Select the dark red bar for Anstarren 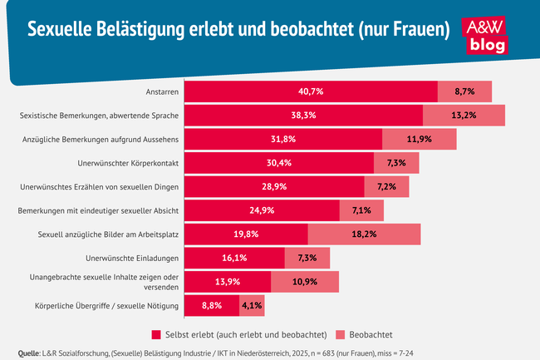311,91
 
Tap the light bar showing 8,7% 465,91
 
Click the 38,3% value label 303,115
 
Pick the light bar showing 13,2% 464,115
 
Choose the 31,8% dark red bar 282,139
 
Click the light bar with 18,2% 364,234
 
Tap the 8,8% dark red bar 212,306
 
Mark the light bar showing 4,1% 252,306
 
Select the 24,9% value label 262,210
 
